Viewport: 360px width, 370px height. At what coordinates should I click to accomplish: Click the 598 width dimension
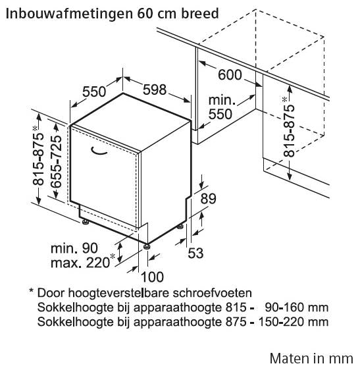155,90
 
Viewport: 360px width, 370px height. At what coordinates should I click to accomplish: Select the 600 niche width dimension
230,75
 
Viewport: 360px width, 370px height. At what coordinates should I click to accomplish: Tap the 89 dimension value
208,199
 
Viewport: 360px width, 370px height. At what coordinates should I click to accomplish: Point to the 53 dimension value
195,253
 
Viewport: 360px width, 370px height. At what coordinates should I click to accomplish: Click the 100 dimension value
152,277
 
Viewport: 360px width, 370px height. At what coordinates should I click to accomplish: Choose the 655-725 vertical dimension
56,162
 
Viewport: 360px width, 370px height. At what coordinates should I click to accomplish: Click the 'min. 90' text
74,248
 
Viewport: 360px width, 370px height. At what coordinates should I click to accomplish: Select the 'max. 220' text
80,263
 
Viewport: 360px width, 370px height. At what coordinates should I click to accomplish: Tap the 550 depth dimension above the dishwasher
94,92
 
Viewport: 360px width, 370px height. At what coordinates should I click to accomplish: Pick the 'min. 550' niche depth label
222,107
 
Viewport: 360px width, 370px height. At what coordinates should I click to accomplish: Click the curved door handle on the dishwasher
99,151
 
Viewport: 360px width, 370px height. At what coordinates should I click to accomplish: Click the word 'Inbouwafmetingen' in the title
68,14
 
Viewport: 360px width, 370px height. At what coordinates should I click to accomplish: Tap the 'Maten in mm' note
311,358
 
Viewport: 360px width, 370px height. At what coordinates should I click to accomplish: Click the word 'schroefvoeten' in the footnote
212,293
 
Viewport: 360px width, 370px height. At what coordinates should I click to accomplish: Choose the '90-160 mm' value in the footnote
297,307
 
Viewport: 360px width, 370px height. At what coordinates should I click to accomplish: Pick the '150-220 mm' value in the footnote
294,322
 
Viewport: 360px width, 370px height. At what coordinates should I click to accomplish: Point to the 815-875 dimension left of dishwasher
38,156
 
